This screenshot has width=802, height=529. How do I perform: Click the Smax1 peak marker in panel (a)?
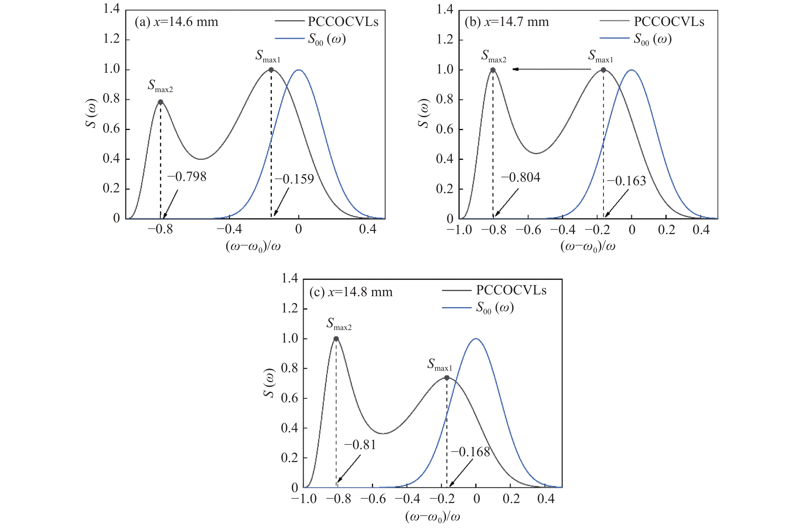click(x=271, y=70)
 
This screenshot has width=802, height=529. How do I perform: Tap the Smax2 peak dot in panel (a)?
click(x=161, y=102)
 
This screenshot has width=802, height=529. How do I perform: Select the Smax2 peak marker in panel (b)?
click(x=493, y=70)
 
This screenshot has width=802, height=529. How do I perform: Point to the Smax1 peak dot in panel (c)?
click(x=447, y=378)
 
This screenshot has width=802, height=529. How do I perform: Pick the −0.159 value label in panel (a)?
click(x=294, y=179)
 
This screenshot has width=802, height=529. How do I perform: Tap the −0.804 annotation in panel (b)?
click(x=520, y=177)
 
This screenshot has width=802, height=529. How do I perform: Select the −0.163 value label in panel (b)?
click(x=627, y=181)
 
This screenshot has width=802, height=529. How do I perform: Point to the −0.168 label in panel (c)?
click(x=470, y=452)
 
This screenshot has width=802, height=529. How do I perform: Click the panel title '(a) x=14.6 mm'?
click(x=176, y=22)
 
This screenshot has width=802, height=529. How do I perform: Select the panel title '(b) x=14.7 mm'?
click(x=507, y=22)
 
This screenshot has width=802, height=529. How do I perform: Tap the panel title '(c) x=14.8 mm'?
click(x=351, y=292)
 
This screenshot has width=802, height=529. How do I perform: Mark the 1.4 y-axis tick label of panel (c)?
click(x=290, y=278)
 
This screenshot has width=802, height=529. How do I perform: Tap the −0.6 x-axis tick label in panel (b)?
click(x=528, y=230)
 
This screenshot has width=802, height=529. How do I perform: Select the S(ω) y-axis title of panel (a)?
click(x=91, y=113)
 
